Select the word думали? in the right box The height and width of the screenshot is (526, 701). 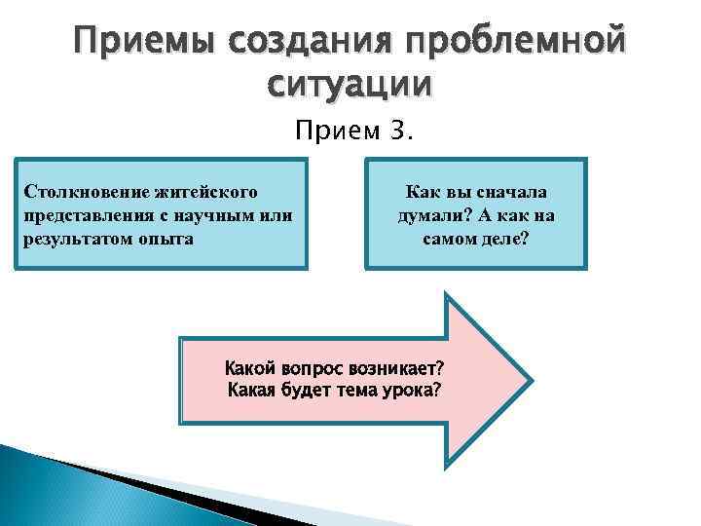pyautogui.click(x=434, y=215)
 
